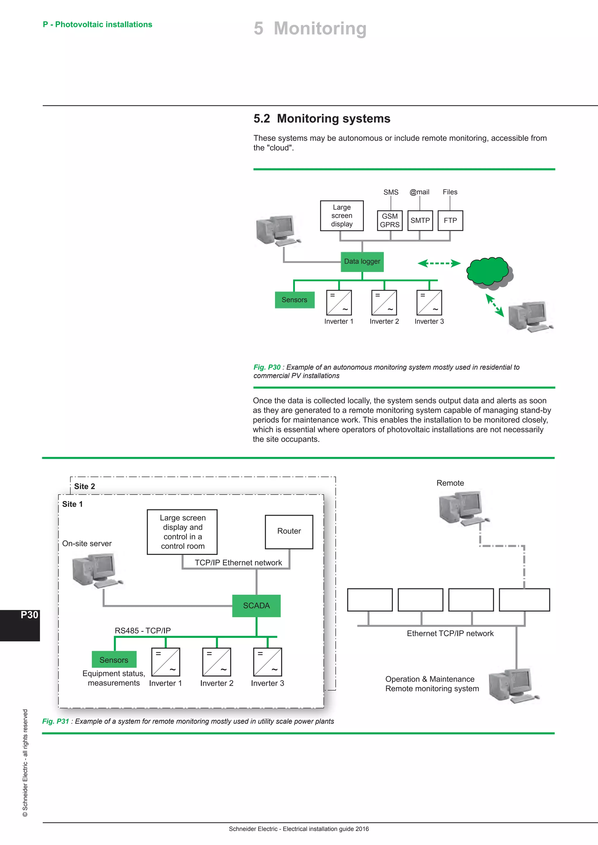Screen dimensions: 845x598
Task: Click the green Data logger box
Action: (362, 262)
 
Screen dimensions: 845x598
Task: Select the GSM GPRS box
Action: (390, 221)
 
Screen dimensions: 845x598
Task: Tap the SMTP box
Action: (420, 221)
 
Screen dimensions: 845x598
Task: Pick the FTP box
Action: (450, 221)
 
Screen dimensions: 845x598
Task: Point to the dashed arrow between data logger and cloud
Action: (439, 263)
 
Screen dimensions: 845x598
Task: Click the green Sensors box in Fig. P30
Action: (294, 300)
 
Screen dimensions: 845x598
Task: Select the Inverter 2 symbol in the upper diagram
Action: (384, 303)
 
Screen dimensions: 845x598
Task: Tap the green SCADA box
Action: (256, 605)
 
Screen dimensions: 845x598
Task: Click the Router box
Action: (289, 531)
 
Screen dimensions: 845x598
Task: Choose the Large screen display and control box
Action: (182, 532)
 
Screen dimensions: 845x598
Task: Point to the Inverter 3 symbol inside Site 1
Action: (267, 662)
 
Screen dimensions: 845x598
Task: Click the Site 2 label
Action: (84, 486)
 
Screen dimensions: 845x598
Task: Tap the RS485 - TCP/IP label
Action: (142, 631)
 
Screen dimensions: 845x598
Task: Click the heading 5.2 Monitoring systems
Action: (321, 118)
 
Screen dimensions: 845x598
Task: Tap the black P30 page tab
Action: (20, 625)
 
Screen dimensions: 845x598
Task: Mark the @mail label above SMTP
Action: (419, 192)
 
